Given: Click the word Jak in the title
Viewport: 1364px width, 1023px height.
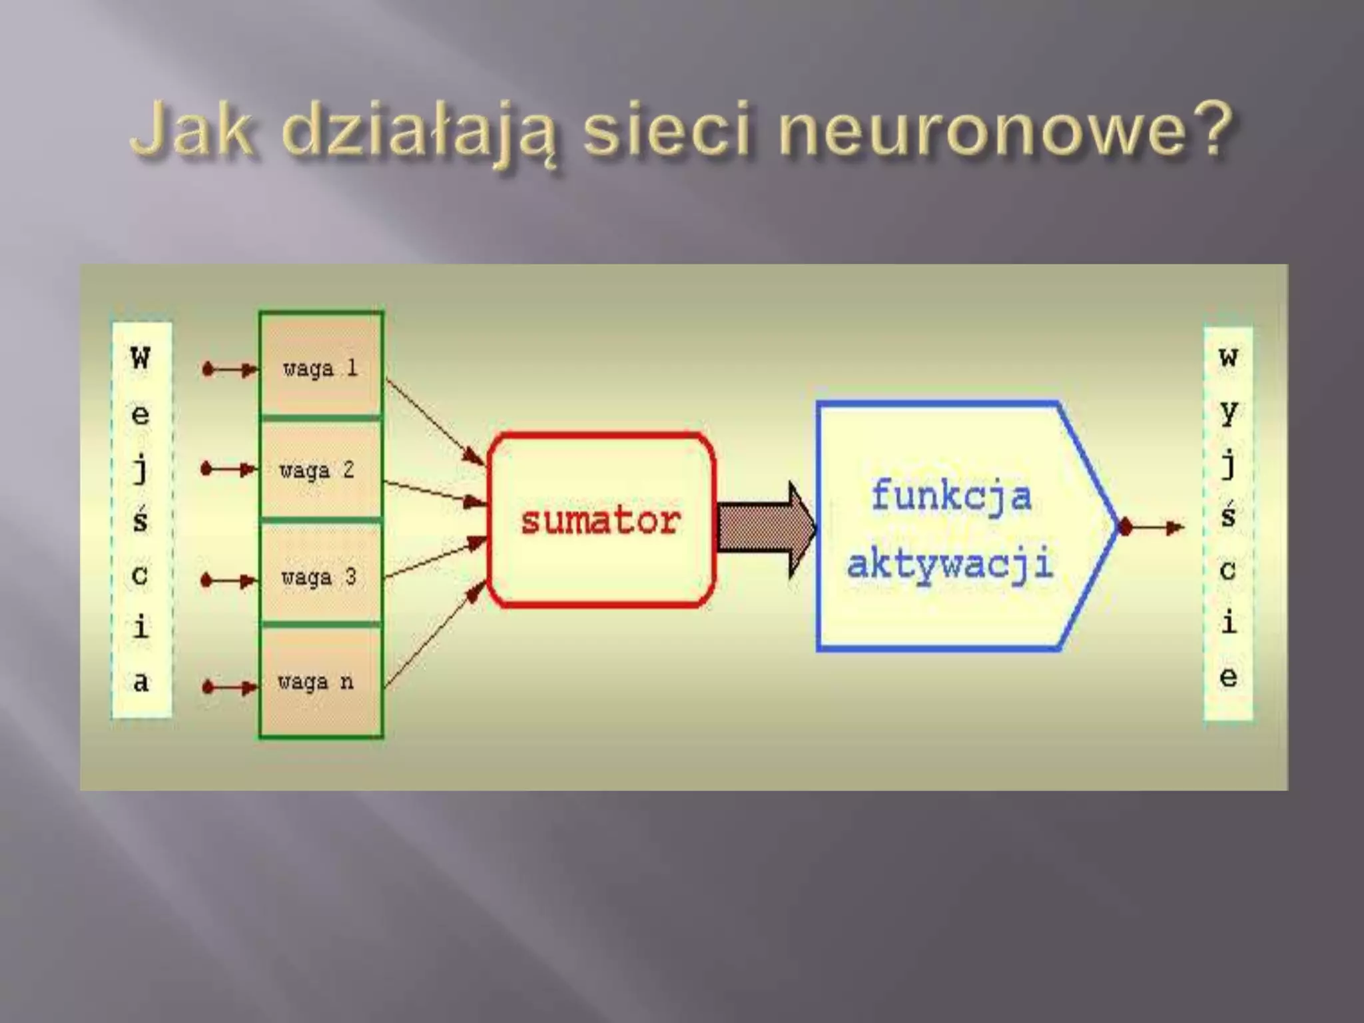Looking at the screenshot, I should click(193, 130).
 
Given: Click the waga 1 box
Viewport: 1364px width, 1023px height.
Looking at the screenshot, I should click(320, 366).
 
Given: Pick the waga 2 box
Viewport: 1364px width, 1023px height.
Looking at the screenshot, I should click(320, 470).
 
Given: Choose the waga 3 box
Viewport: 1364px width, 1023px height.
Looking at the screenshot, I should click(320, 575).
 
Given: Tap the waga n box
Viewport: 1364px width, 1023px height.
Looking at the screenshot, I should click(320, 681).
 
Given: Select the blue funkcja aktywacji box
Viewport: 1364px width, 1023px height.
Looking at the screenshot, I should click(952, 526).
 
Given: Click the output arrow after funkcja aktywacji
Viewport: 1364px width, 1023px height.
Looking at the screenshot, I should click(1152, 528).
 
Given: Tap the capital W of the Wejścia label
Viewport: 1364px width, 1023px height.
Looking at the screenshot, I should click(141, 358).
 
